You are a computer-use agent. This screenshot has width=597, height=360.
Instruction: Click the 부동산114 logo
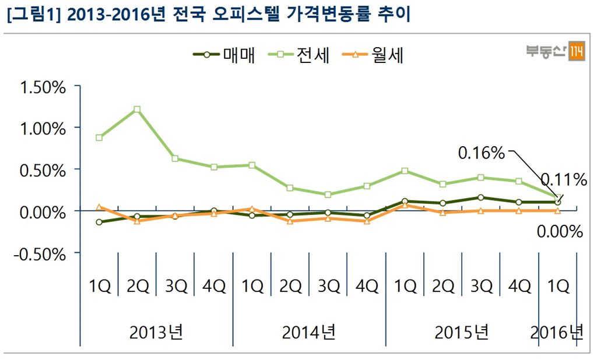pos(556,51)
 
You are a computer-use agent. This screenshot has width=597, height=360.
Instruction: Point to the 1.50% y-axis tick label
pos(43,88)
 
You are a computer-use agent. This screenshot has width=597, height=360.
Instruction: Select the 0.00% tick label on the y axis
pos(43,212)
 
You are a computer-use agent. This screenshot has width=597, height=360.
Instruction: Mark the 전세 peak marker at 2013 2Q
pos(137,109)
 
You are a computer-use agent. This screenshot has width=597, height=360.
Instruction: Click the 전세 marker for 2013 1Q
pos(99,137)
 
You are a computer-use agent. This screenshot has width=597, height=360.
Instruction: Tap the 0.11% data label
pos(563,179)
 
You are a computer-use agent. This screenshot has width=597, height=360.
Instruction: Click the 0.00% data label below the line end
pos(559,232)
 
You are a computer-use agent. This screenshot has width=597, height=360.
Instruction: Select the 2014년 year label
pos(308,333)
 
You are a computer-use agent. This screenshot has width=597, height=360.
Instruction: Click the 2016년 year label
pos(557,333)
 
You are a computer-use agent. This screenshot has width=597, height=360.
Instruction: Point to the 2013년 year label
pos(156,333)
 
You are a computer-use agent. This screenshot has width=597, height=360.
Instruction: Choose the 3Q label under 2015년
pos(481,286)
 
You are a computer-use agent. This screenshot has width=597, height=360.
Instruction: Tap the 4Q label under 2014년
pos(367,286)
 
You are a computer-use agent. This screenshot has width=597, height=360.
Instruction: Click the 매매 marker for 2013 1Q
pos(99,222)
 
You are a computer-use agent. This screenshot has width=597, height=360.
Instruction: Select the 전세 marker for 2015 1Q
pos(405,171)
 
